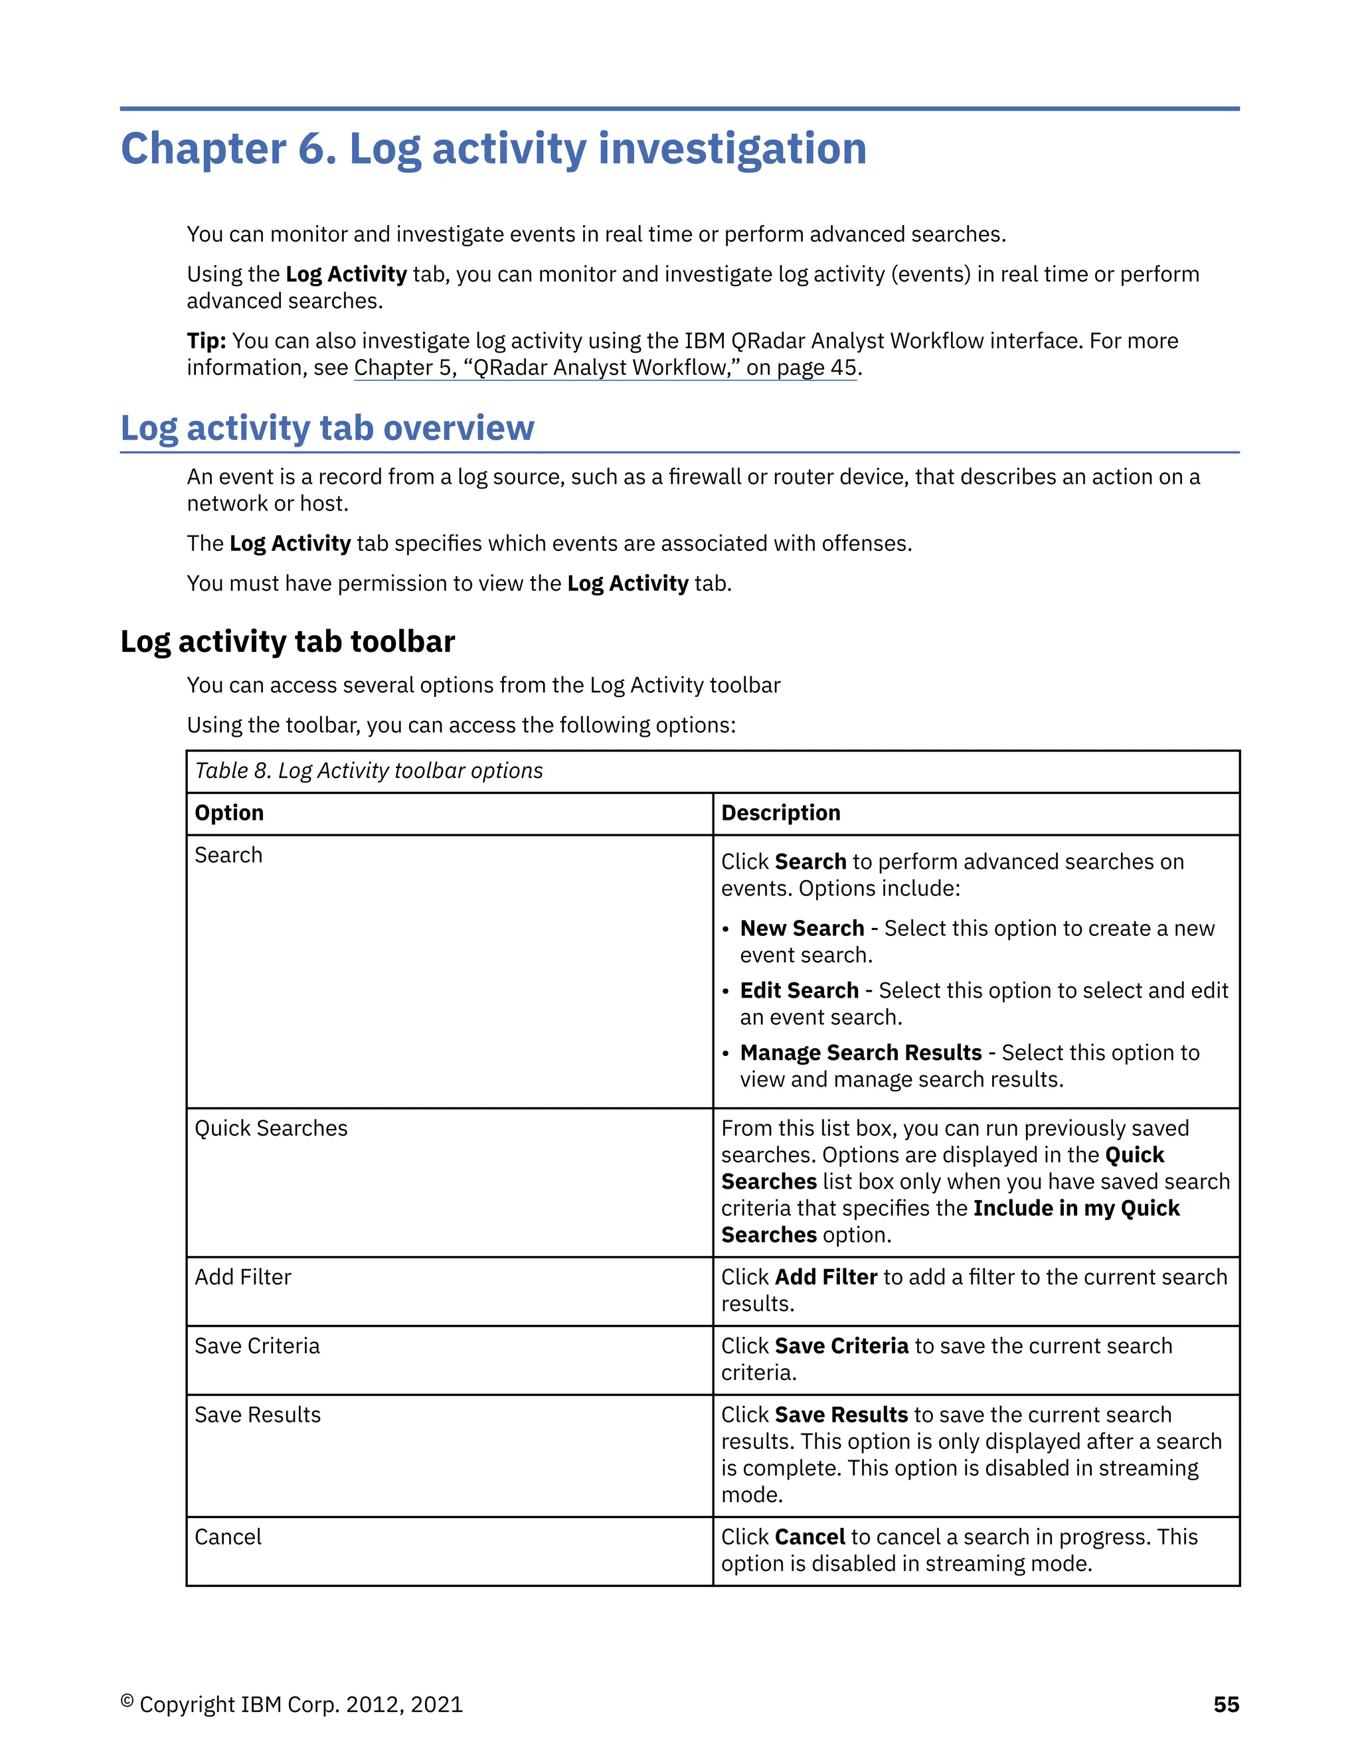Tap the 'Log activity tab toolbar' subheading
click(x=288, y=642)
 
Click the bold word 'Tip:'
click(x=207, y=341)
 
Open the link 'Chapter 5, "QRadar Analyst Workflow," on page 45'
click(x=605, y=368)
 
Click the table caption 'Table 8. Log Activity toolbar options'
click(x=369, y=771)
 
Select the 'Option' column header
click(x=230, y=812)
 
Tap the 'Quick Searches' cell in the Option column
click(x=271, y=1128)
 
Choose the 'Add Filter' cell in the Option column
click(x=242, y=1276)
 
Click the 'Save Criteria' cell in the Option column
click(x=257, y=1346)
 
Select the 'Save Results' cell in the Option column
click(x=257, y=1415)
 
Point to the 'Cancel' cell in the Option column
click(x=228, y=1537)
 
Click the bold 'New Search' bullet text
click(x=802, y=929)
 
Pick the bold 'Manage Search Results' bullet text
click(x=861, y=1053)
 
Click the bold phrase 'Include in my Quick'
click(x=1076, y=1208)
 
